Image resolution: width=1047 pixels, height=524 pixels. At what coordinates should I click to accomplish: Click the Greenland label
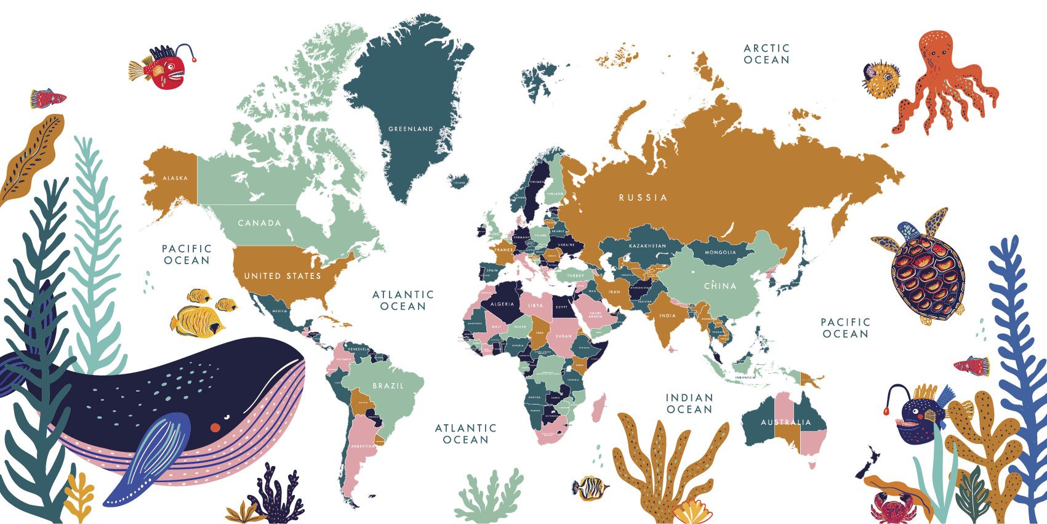coord(411,129)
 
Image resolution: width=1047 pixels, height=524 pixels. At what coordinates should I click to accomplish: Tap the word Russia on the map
coord(643,198)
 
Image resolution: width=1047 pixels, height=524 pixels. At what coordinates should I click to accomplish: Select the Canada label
coord(259,223)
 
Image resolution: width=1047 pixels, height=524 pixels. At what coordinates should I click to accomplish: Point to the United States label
coord(283,276)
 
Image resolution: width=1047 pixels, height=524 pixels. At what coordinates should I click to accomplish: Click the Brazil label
coord(388,386)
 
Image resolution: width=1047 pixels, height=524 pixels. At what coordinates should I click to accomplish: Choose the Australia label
coord(785,422)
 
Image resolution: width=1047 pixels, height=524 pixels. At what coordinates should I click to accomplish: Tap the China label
coord(720,286)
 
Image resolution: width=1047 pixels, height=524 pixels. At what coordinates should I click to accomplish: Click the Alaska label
coord(175,179)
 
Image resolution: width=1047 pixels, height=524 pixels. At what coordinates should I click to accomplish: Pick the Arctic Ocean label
coord(766,54)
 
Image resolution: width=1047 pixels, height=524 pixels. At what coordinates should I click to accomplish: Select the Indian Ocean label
coord(689,404)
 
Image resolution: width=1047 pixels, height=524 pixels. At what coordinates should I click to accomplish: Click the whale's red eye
coord(215,427)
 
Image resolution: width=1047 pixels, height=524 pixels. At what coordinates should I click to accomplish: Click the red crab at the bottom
coord(886,509)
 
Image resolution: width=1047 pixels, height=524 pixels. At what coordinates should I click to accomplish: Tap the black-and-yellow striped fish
coord(590,487)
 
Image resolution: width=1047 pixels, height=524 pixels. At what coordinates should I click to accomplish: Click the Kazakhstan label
coord(647,246)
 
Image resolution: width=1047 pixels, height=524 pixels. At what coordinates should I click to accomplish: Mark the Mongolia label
coord(720,252)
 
